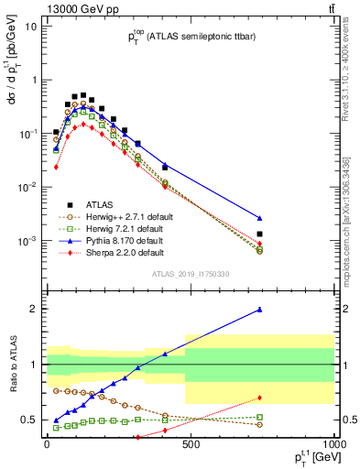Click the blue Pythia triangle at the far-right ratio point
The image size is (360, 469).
(260, 310)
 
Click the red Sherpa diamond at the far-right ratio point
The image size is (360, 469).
(260, 398)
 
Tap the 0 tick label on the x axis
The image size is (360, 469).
(47, 442)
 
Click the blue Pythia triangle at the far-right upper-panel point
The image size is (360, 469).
(260, 218)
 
